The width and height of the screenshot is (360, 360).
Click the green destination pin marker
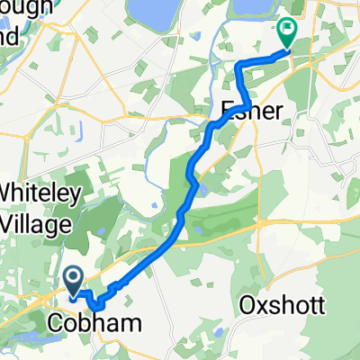coord(288,32)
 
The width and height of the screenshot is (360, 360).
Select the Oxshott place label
coord(283,305)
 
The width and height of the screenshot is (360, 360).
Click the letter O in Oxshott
coord(247,305)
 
